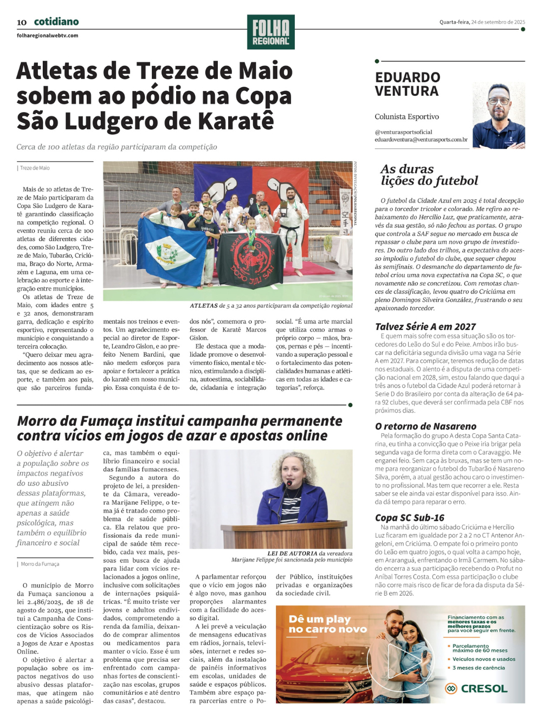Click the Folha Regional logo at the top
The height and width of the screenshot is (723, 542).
(x=270, y=32)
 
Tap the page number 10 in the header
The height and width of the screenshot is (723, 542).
(x=22, y=23)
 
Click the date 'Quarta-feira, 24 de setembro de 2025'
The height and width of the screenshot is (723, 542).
(x=482, y=22)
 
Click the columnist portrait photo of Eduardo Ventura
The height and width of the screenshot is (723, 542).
(x=499, y=115)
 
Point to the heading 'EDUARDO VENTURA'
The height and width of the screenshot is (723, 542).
(x=408, y=84)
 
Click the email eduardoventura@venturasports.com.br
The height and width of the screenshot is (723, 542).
(x=421, y=140)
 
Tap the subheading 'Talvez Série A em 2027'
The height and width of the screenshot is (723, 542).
(x=425, y=327)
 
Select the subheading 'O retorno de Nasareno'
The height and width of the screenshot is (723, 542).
(x=425, y=426)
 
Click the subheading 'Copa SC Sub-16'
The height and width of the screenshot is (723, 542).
(x=409, y=518)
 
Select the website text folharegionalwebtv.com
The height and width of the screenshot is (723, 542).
(x=48, y=36)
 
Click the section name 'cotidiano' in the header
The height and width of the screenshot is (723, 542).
(x=56, y=22)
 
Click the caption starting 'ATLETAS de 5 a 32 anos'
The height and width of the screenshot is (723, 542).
(x=271, y=306)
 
